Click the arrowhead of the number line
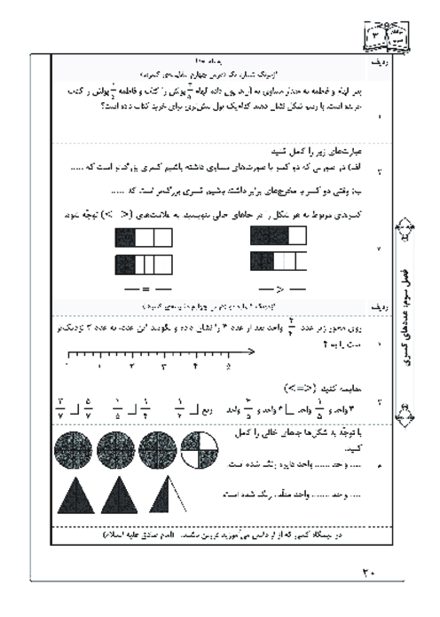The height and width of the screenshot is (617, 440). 253,351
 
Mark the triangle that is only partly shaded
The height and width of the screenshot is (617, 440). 165,488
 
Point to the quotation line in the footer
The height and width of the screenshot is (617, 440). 209,538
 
